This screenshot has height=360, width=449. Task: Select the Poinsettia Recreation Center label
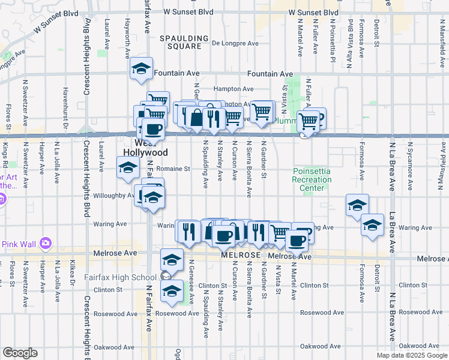(312, 179)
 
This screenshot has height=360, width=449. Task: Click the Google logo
(20, 353)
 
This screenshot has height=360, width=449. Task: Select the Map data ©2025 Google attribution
(411, 355)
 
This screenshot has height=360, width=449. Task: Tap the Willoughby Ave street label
(113, 195)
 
